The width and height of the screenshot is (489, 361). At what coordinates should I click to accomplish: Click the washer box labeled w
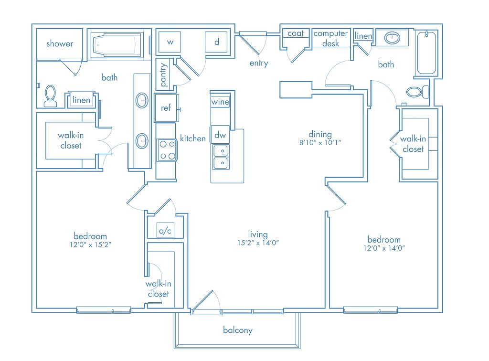coord(170,42)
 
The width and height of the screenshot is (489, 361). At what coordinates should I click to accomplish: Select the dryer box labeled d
coord(216,42)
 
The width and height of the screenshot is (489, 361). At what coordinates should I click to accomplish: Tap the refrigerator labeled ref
coord(166,108)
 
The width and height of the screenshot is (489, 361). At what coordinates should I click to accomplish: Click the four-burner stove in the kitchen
coord(167,150)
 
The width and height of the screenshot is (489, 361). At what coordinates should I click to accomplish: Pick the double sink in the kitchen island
coord(221,157)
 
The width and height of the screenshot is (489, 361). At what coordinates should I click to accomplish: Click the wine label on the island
coord(220,102)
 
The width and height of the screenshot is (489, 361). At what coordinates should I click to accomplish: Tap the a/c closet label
coord(165,231)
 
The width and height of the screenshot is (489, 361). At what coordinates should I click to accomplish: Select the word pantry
coord(164,75)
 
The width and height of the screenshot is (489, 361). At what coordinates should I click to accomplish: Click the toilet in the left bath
coord(50,96)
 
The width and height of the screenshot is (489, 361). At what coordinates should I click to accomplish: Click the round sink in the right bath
coord(393,38)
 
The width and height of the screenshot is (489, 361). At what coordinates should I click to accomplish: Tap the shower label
coord(60,43)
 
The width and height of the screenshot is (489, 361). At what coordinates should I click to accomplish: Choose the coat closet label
coord(295,33)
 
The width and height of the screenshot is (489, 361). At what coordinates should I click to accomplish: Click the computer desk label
coord(330,38)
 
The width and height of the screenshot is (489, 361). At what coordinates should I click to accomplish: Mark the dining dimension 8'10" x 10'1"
coord(320,142)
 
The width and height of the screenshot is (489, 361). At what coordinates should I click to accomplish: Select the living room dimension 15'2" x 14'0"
coord(258,243)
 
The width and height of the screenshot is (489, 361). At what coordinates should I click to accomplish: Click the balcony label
coord(238,330)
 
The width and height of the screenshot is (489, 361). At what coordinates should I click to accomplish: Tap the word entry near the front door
coord(259,64)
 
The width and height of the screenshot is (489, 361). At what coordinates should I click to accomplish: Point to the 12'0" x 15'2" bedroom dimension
coord(90,244)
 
